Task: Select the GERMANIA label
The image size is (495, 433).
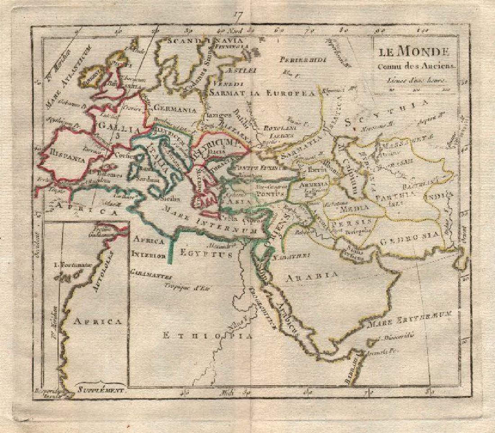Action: tap(175, 108)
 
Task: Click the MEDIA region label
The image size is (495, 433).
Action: tap(354, 208)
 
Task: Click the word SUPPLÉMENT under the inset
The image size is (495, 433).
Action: tap(100, 390)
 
